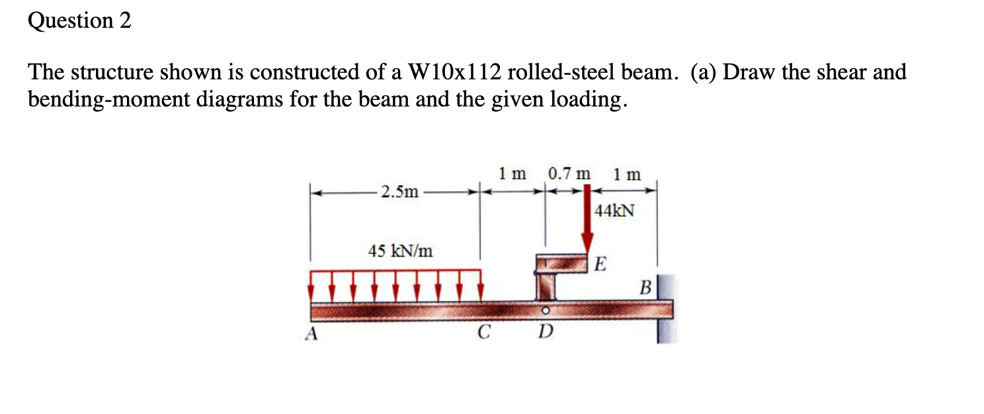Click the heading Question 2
79,21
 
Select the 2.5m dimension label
400,192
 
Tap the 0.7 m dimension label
569,175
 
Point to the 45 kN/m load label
401,251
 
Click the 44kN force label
614,211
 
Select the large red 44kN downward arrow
587,225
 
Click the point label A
310,334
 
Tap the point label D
544,332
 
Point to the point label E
599,265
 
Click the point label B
645,288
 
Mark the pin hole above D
545,310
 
